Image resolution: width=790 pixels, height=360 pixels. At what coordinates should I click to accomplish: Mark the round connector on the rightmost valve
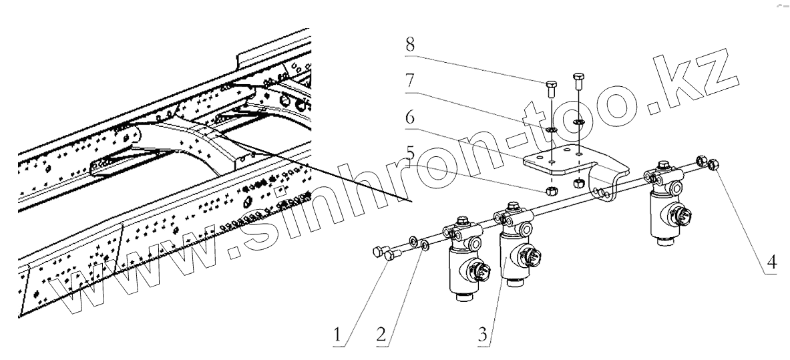(x=676, y=220)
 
